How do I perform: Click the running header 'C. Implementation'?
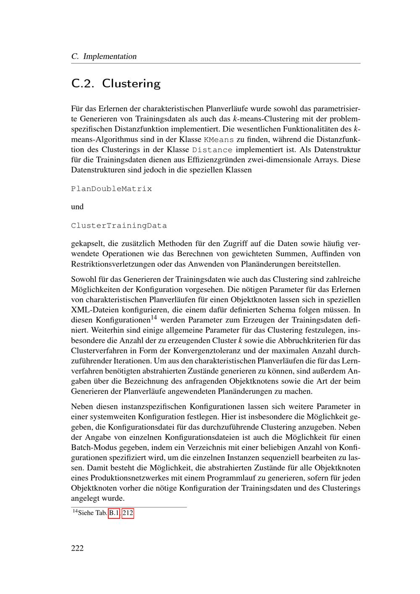[104, 56]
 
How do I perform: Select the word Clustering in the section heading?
[131, 84]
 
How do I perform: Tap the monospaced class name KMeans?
[218, 140]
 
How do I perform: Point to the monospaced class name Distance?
[212, 150]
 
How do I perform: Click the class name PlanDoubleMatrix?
[111, 189]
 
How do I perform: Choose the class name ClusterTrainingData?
[119, 226]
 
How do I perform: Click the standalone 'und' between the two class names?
[77, 207]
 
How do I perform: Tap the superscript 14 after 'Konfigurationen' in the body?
[154, 318]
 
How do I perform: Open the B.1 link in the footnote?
[114, 513]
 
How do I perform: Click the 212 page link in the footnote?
[128, 513]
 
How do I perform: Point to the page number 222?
[77, 548]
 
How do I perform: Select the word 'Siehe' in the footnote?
[86, 513]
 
